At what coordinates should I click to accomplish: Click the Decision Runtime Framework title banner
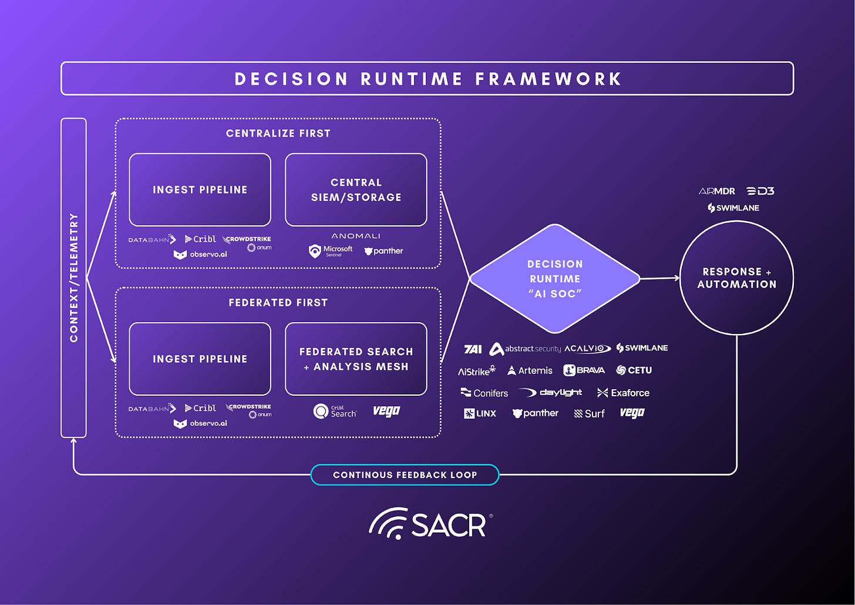click(x=427, y=79)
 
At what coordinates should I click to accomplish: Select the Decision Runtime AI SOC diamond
click(x=554, y=279)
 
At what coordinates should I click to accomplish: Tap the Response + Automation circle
click(x=736, y=278)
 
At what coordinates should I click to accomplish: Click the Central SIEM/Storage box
click(x=356, y=190)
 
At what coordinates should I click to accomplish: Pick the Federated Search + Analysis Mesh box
click(x=356, y=359)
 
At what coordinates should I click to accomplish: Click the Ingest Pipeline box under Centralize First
click(x=200, y=190)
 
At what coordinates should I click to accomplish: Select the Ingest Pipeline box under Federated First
click(x=200, y=359)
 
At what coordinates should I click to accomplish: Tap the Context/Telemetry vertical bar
click(x=73, y=278)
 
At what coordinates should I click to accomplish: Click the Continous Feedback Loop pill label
click(x=405, y=474)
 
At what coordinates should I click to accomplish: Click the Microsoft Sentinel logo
click(x=331, y=251)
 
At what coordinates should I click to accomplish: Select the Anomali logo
click(x=356, y=236)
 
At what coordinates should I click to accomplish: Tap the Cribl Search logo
click(x=335, y=411)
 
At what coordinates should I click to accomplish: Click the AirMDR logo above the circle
click(x=716, y=191)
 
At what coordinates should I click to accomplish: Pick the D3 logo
click(x=760, y=191)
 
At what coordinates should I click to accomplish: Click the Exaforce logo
click(x=623, y=393)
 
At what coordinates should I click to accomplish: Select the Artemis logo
click(x=530, y=370)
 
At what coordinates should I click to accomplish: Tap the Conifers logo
click(x=484, y=393)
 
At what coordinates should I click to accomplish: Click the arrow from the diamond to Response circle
click(x=659, y=278)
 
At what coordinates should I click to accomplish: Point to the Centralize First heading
click(x=278, y=133)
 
